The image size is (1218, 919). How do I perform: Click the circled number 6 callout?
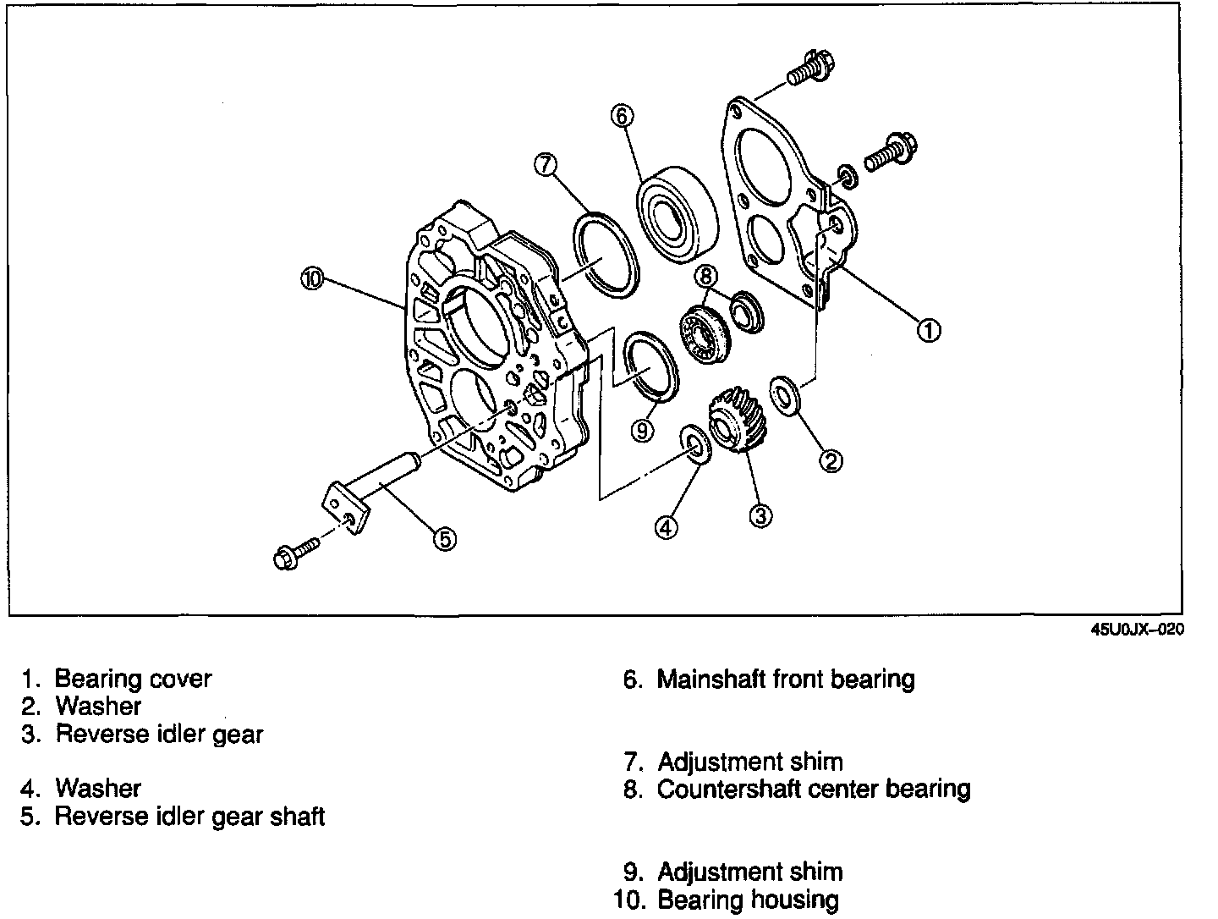click(x=622, y=115)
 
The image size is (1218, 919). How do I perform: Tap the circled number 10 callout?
click(x=313, y=279)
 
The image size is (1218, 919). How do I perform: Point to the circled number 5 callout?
click(x=445, y=538)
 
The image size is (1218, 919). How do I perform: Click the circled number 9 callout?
click(x=643, y=430)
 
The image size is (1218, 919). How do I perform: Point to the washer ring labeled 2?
click(x=785, y=394)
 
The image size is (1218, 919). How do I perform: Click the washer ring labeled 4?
click(x=697, y=444)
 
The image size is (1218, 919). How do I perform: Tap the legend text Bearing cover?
click(x=133, y=679)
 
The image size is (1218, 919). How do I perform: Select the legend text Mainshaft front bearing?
click(x=786, y=679)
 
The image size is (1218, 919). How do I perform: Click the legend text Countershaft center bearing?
click(x=814, y=789)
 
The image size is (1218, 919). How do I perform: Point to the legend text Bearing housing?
click(x=748, y=900)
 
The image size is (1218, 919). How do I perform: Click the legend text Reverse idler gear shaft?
click(x=189, y=817)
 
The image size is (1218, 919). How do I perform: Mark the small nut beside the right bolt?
click(x=847, y=176)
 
